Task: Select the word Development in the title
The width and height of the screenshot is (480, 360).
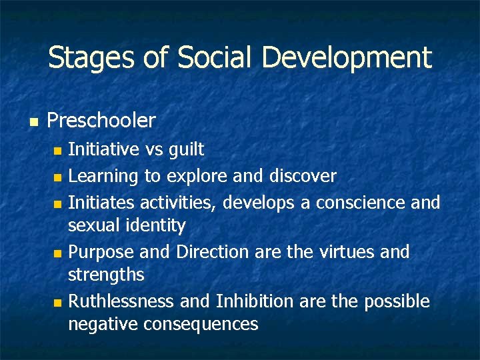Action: click(347, 58)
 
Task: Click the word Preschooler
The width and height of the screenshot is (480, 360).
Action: click(101, 121)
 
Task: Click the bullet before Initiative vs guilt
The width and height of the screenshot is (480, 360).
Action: click(58, 151)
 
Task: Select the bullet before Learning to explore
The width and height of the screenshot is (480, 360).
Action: click(58, 177)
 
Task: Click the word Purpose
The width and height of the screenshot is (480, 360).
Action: click(101, 253)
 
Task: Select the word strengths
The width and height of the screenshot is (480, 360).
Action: click(106, 275)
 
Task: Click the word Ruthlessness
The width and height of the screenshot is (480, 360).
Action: click(122, 301)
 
